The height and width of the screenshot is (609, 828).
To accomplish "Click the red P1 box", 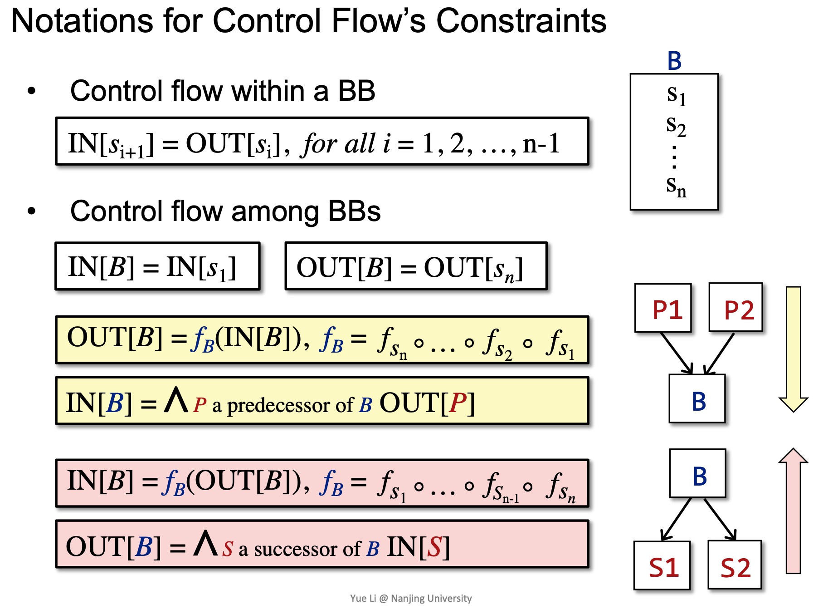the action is [663, 308].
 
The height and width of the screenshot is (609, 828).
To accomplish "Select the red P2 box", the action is [735, 307].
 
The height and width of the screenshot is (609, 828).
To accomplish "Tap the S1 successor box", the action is [662, 565].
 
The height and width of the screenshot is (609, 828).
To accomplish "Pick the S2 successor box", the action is [735, 565].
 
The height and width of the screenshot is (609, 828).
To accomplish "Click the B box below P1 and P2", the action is [697, 398].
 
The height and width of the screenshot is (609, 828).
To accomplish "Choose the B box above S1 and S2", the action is [697, 473].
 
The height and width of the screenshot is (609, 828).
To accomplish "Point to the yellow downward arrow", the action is [794, 349].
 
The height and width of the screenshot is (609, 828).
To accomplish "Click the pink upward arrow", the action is [794, 511].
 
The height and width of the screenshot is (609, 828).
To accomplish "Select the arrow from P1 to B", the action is [677, 353].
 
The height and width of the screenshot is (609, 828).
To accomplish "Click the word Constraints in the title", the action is [521, 21].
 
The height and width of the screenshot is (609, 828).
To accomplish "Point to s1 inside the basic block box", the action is [676, 95].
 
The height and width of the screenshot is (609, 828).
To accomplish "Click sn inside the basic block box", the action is [676, 187].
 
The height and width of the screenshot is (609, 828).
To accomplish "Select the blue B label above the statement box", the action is [674, 61].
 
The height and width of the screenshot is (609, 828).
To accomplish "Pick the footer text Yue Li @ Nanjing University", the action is [411, 598].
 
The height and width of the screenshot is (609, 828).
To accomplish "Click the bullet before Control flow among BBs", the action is [31, 211].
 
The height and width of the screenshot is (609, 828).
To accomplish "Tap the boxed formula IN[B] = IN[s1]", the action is [157, 266].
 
